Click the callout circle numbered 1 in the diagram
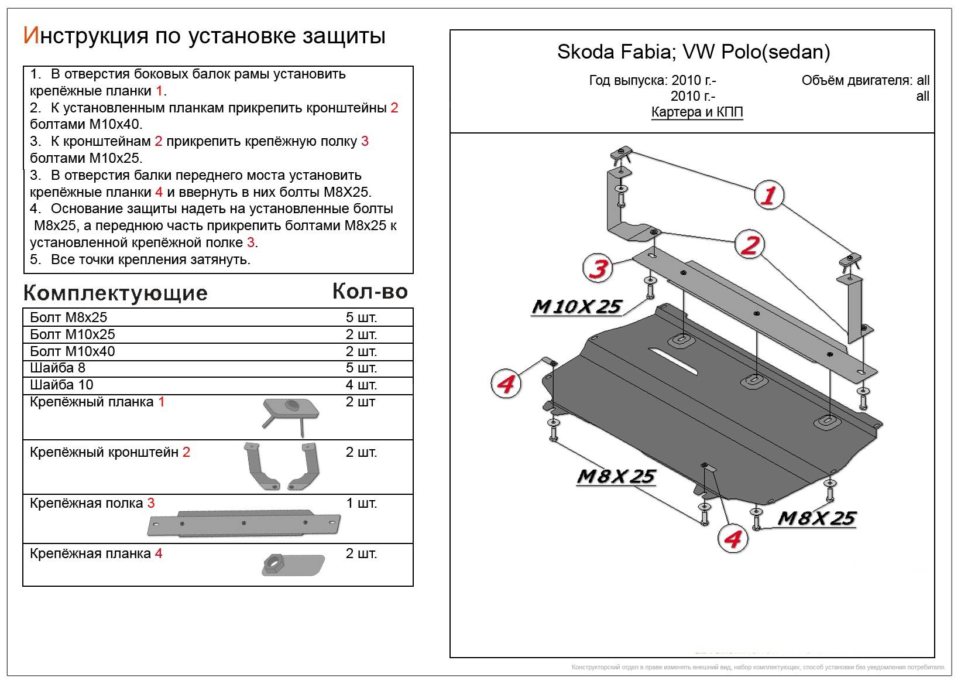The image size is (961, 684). [768, 194]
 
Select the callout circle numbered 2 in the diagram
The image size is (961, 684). [749, 245]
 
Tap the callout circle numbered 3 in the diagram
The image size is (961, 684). [598, 269]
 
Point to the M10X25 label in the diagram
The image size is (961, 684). [576, 306]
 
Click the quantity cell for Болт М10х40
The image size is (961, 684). [361, 351]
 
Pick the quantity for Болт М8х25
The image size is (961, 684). [361, 317]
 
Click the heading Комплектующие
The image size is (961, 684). [115, 293]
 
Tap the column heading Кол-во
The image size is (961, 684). [370, 291]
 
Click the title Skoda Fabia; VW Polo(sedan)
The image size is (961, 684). [693, 52]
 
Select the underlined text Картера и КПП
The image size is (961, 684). [697, 112]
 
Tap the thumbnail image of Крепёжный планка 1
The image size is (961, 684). [290, 415]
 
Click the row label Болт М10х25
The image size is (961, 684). [73, 334]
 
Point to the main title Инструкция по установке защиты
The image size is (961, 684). [204, 36]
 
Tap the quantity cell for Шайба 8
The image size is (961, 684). [361, 368]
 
